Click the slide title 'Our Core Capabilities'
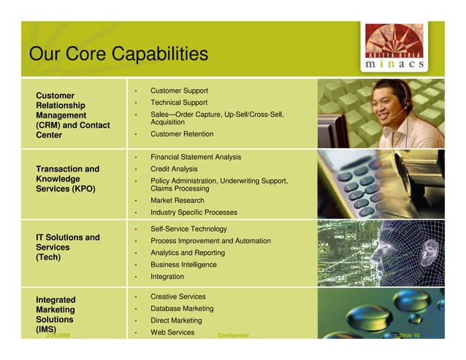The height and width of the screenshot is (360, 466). click(x=118, y=54)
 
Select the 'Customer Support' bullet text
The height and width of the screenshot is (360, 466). click(x=179, y=91)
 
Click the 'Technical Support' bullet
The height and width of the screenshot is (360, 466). click(x=179, y=103)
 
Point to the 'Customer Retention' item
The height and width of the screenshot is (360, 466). click(x=182, y=134)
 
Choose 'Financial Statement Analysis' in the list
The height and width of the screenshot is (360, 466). click(x=196, y=157)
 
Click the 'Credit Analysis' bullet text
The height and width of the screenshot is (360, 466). click(x=174, y=169)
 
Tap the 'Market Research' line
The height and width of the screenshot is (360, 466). click(x=177, y=200)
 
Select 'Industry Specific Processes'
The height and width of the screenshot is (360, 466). click(x=194, y=212)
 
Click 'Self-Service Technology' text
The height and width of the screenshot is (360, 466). click(x=188, y=229)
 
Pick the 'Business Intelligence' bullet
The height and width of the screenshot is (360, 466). click(x=183, y=264)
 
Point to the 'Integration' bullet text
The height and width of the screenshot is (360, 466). click(x=167, y=277)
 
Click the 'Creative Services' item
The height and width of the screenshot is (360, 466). click(x=178, y=296)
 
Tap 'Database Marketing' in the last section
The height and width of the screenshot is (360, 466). click(x=182, y=309)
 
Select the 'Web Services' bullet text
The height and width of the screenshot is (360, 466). click(x=172, y=332)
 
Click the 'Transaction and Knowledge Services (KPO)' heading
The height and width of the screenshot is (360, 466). click(x=68, y=179)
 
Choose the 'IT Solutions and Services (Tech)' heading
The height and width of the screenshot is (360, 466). click(x=68, y=247)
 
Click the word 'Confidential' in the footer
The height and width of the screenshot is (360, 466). click(x=233, y=336)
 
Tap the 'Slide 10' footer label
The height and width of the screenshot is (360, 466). click(x=409, y=335)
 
